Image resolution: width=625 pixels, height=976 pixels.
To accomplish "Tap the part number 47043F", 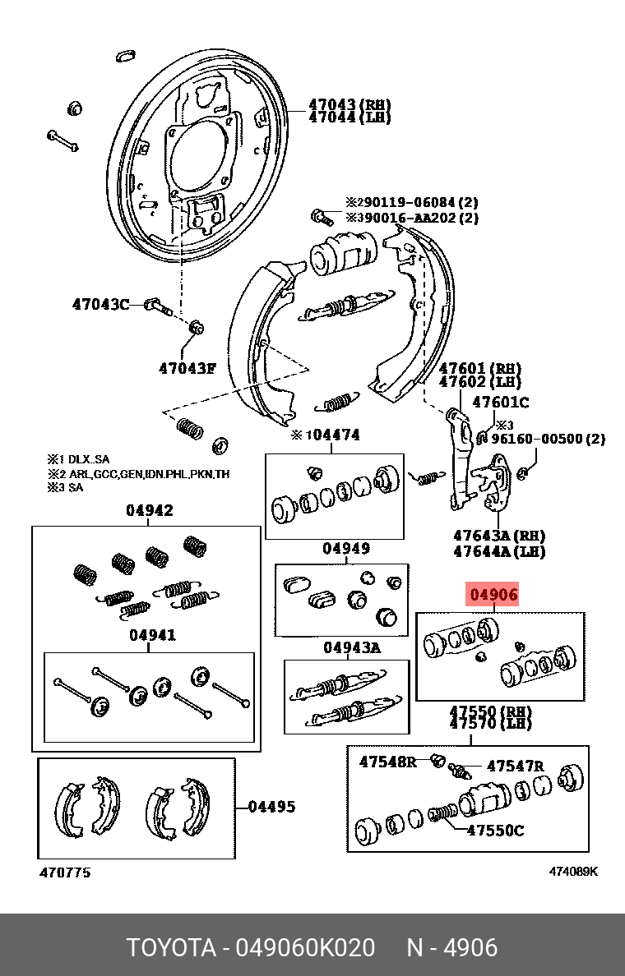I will [187, 368].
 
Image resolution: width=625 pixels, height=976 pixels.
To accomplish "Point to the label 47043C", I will [100, 304].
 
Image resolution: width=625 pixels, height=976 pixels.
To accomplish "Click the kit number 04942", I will [149, 511].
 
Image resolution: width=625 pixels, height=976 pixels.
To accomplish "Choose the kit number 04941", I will [151, 634].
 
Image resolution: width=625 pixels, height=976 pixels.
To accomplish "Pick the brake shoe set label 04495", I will [271, 807].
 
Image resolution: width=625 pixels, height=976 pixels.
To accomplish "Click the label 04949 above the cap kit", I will [345, 548].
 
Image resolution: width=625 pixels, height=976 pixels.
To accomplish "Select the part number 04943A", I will [351, 647].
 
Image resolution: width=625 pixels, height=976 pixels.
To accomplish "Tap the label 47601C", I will [501, 403].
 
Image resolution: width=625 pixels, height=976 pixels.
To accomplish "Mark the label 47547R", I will [516, 767].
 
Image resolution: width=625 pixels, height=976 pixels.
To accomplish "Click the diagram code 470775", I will [65, 872].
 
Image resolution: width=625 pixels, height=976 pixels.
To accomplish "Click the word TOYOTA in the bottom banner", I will [169, 947].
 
